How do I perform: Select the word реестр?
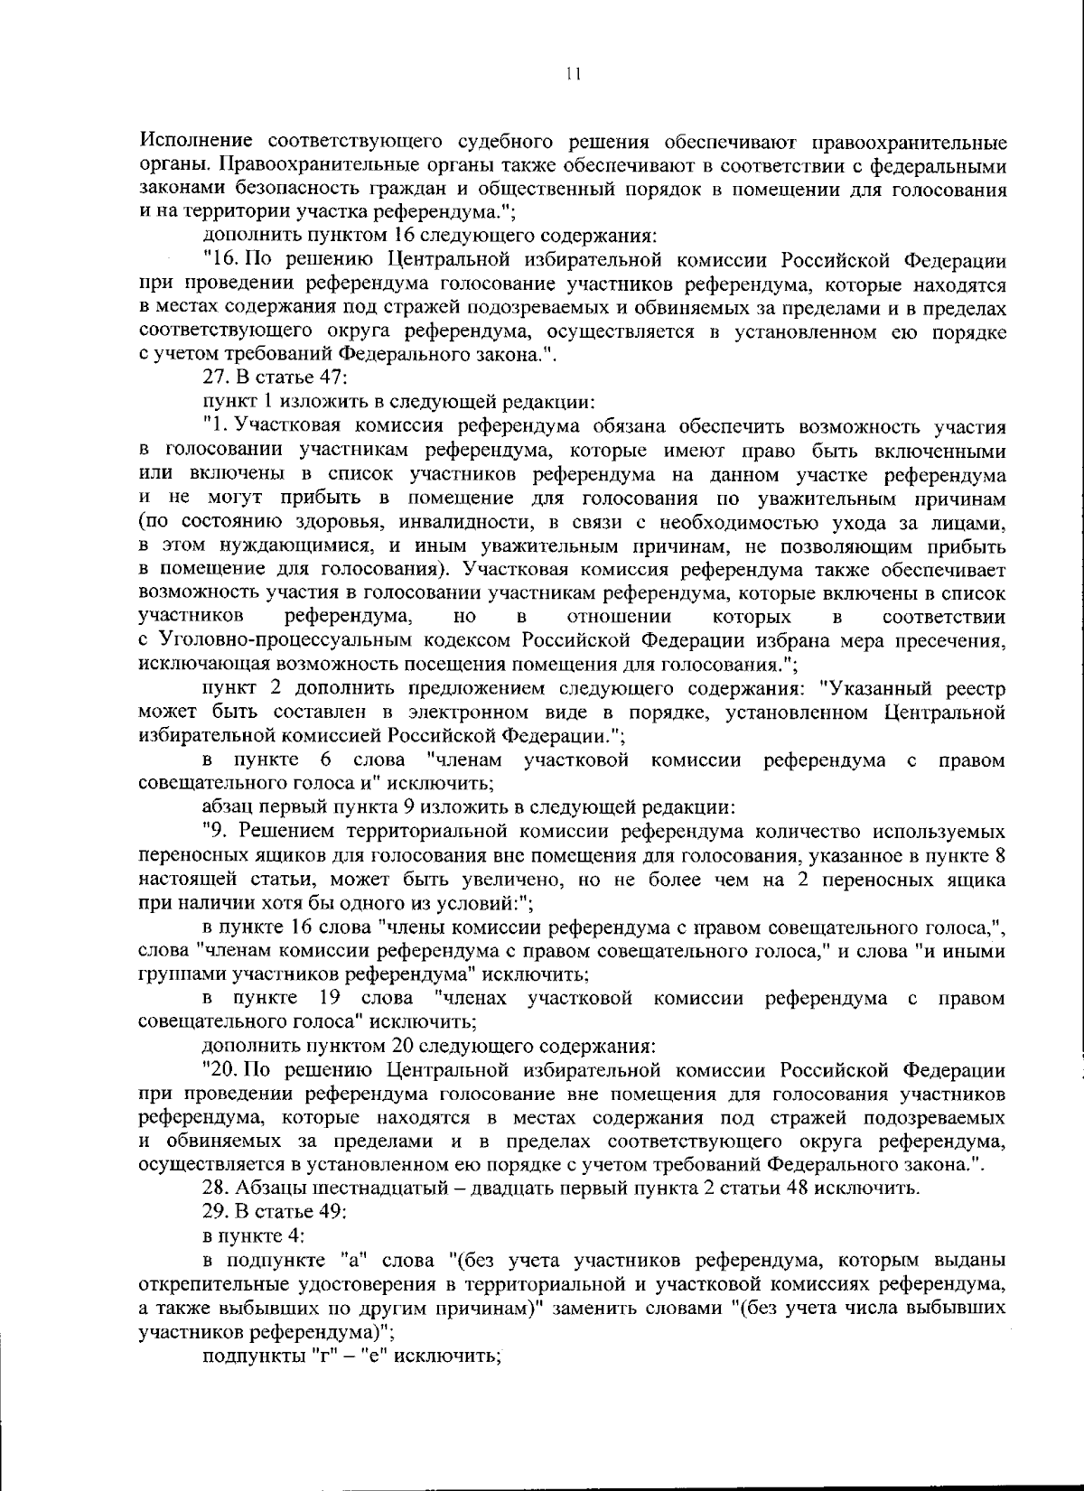pyautogui.click(x=976, y=689)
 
